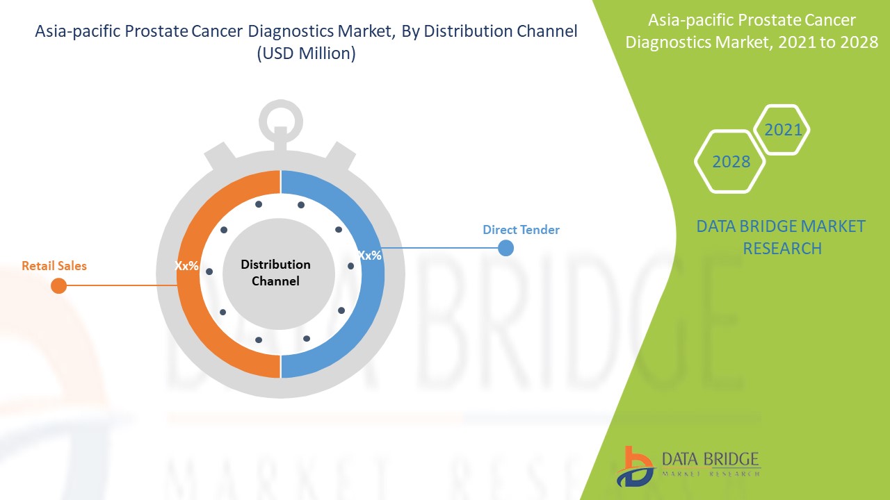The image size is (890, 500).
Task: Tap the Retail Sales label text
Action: (x=54, y=266)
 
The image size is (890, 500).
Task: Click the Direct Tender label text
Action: (x=521, y=230)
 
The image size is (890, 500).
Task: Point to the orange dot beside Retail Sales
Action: (x=59, y=285)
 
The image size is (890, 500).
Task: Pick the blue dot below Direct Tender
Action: (x=506, y=248)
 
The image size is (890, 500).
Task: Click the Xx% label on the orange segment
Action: (x=187, y=266)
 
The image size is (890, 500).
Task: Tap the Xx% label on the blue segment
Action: (x=370, y=256)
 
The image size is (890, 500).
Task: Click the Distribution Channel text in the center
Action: (x=276, y=273)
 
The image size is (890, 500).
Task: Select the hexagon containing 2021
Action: (x=782, y=130)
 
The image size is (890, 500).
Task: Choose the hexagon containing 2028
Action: (x=730, y=161)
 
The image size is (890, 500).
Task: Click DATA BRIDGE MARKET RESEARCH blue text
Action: (x=781, y=237)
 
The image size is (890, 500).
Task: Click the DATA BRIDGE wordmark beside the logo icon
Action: (x=709, y=460)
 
